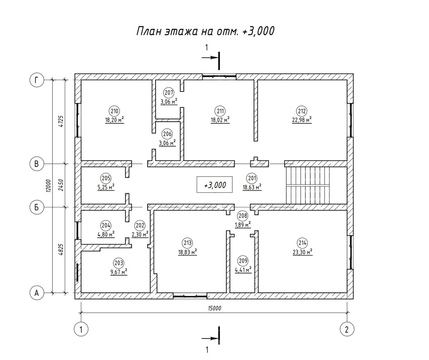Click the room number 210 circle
(x=114, y=111)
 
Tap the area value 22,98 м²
(x=302, y=120)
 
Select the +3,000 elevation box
(x=214, y=184)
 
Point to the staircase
(x=308, y=186)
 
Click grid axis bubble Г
(x=37, y=80)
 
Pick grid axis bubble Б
(x=37, y=208)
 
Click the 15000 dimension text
(x=214, y=308)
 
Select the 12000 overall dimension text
(x=48, y=186)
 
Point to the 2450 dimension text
(x=61, y=185)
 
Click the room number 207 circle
(x=169, y=93)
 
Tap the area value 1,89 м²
(x=243, y=225)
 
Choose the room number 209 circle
(x=243, y=261)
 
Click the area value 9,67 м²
(x=119, y=272)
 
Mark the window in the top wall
(x=219, y=77)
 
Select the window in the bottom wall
(x=190, y=296)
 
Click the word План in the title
(x=149, y=31)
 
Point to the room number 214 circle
(x=302, y=243)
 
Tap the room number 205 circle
(x=106, y=178)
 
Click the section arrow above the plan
(x=210, y=58)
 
